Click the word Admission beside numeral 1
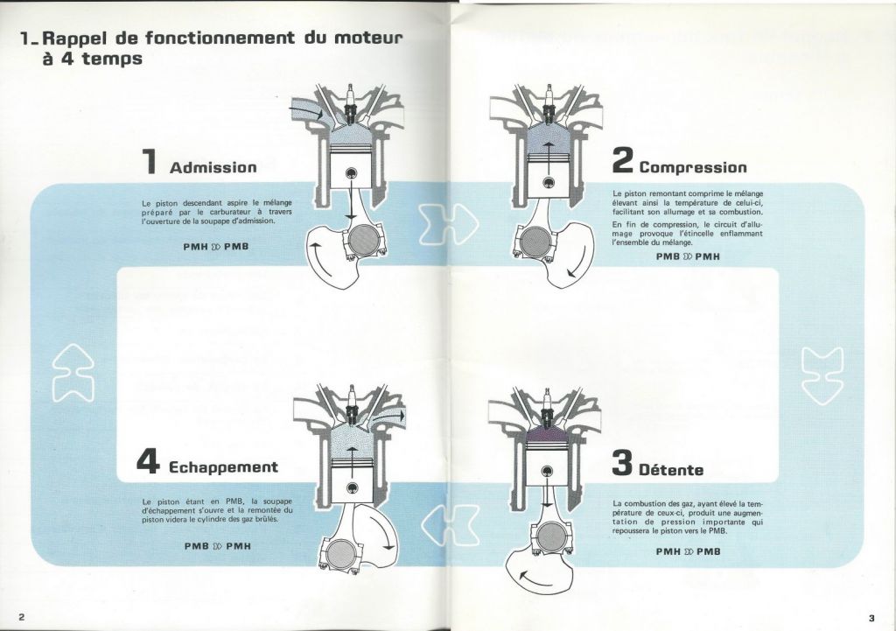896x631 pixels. tap(213, 167)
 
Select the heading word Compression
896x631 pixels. tap(693, 167)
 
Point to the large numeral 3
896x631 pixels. tap(622, 462)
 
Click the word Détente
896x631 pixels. tap(671, 470)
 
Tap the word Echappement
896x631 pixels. tap(223, 467)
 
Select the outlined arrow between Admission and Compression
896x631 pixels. tap(448, 222)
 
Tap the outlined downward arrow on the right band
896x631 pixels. tap(822, 375)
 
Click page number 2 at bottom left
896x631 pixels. tap(22, 617)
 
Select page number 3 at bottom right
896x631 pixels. tap(871, 618)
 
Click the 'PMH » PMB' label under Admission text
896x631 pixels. tap(216, 247)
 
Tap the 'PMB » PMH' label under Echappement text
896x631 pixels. tap(218, 546)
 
